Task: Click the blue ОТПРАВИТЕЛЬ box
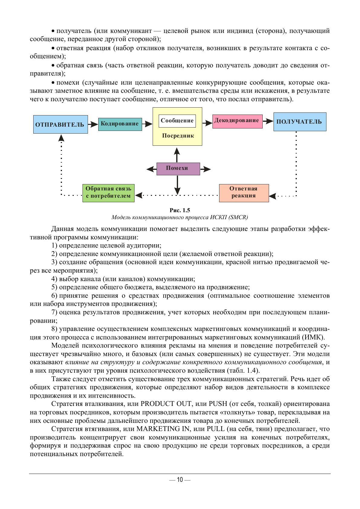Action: click(x=60, y=124)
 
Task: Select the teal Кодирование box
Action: click(x=120, y=124)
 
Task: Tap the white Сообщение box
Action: click(x=177, y=121)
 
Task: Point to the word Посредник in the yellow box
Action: click(x=178, y=136)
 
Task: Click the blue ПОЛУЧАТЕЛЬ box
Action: click(x=300, y=122)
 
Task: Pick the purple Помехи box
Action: click(x=178, y=169)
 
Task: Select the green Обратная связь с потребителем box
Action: click(x=109, y=193)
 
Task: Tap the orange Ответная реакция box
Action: click(x=244, y=193)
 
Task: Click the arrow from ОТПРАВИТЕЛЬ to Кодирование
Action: click(x=93, y=124)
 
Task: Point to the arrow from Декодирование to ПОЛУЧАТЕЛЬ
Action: click(x=268, y=121)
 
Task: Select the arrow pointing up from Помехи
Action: click(x=177, y=154)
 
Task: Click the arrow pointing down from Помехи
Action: click(x=177, y=184)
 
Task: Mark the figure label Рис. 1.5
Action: click(x=180, y=210)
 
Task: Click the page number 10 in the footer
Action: click(x=180, y=480)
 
